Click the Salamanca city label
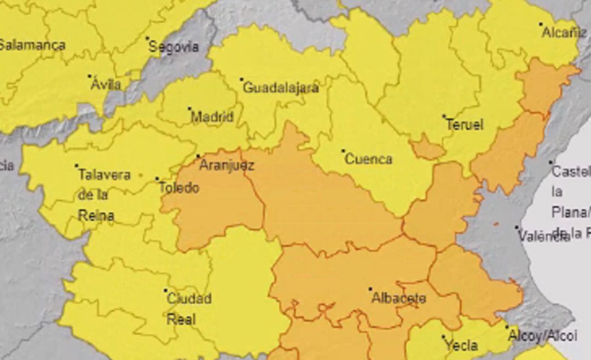(x=32, y=45)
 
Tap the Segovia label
(x=173, y=47)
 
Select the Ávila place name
(x=106, y=85)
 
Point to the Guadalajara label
(x=280, y=88)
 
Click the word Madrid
(x=212, y=117)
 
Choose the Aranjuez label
(x=227, y=165)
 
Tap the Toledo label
(x=179, y=188)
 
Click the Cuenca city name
(x=369, y=159)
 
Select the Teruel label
(x=465, y=125)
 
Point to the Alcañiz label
(x=564, y=32)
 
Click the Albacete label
(x=398, y=298)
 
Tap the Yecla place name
(x=461, y=346)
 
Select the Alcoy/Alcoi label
(x=542, y=335)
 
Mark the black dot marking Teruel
(x=444, y=116)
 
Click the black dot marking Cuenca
(x=343, y=150)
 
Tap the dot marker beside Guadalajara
(x=241, y=79)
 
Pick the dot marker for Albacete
(x=370, y=289)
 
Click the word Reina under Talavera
(x=96, y=216)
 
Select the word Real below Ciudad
(x=181, y=320)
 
